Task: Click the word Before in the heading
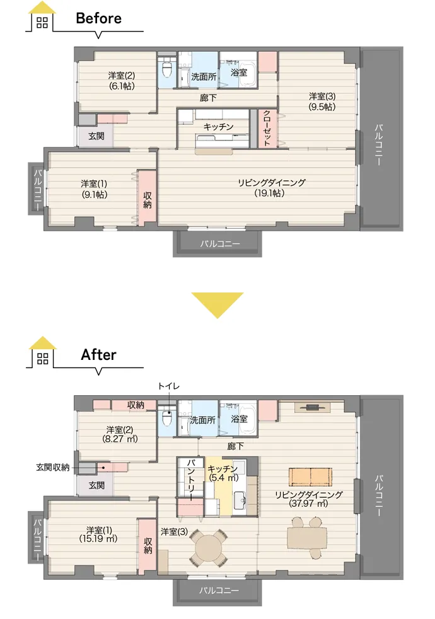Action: click(x=99, y=18)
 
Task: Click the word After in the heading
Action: click(x=99, y=354)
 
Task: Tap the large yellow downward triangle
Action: click(x=217, y=305)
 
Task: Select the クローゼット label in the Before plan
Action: click(x=267, y=128)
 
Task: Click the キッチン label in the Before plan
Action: click(x=218, y=127)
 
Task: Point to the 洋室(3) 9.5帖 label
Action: click(x=322, y=101)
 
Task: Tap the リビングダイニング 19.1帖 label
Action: click(x=272, y=187)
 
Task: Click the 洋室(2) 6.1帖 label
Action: click(x=122, y=81)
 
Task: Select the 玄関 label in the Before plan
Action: click(x=96, y=136)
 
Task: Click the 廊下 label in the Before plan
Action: click(x=208, y=98)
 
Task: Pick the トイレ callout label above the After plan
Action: click(x=168, y=386)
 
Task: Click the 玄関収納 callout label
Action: click(x=53, y=468)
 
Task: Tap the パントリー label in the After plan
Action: click(x=190, y=478)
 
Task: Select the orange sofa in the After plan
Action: click(x=311, y=477)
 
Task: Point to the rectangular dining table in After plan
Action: click(x=307, y=538)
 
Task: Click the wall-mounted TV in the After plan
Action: click(x=313, y=407)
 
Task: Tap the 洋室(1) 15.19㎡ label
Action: click(x=98, y=534)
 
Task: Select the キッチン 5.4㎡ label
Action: click(x=223, y=473)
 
